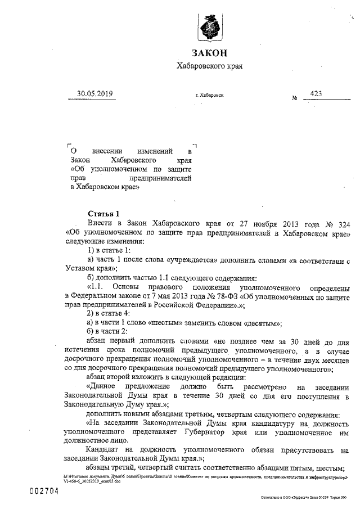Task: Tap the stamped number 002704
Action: pyautogui.click(x=44, y=490)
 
